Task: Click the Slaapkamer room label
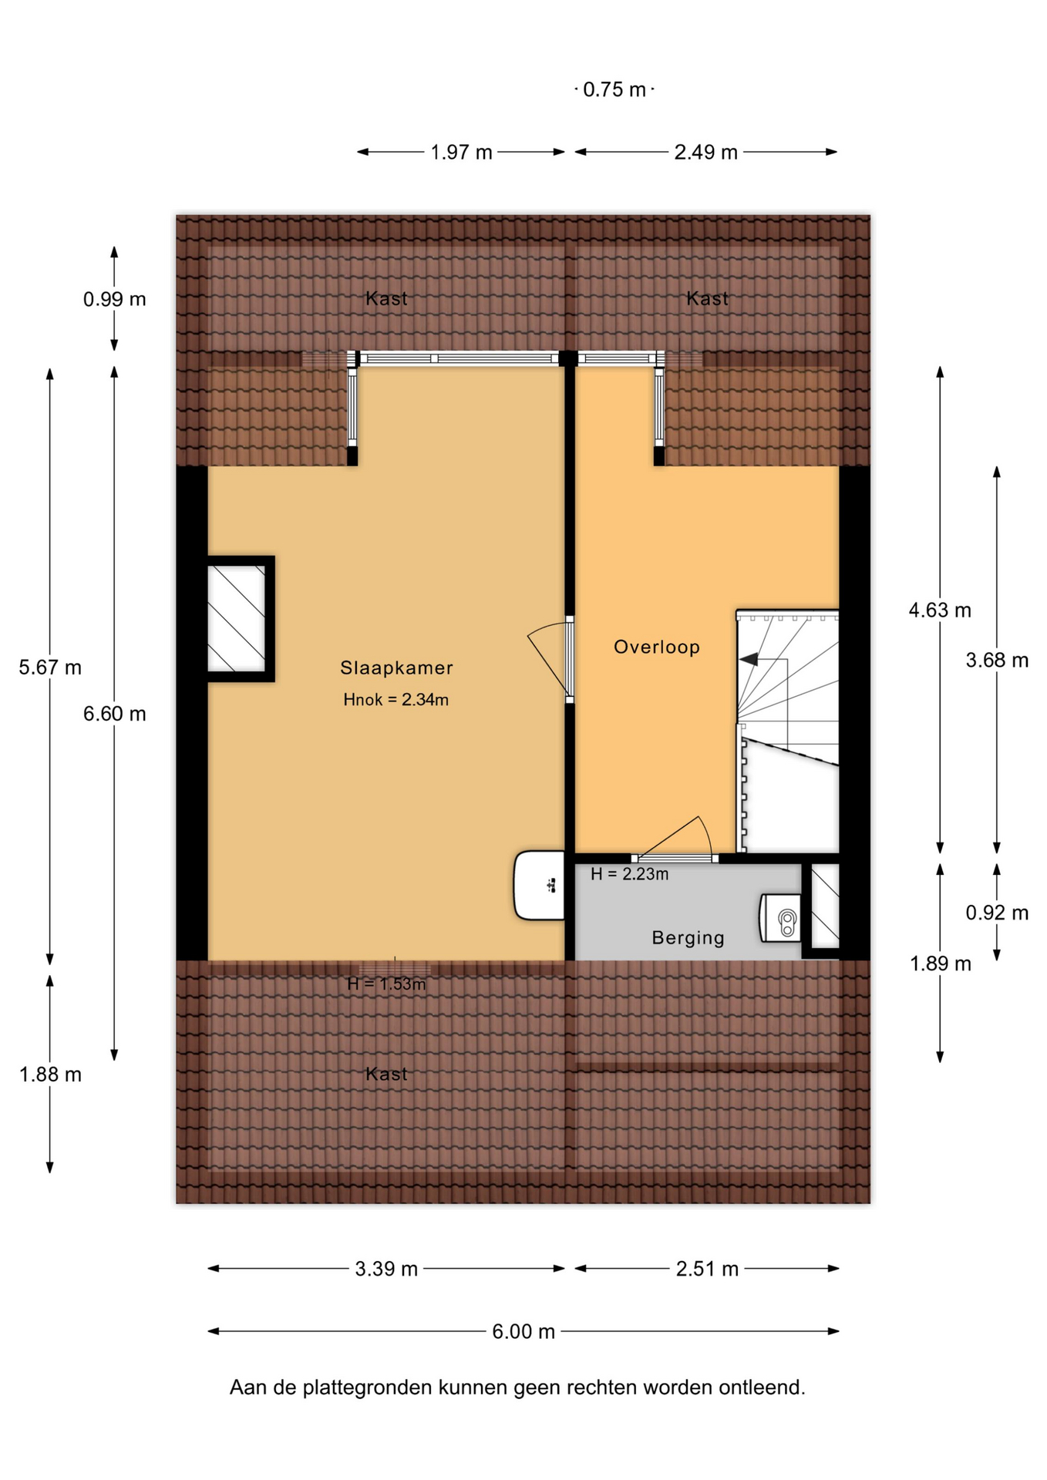point(396,668)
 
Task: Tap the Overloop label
point(657,647)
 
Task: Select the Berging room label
point(688,938)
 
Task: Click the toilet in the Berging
point(780,918)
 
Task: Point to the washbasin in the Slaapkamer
point(540,885)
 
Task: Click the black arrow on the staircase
point(748,659)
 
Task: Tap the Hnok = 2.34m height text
point(396,700)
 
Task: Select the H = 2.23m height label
point(629,874)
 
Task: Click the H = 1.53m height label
point(386,984)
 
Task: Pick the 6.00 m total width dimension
point(523,1332)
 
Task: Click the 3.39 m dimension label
point(386,1269)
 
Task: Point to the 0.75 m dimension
point(614,90)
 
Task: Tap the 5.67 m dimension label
point(50,668)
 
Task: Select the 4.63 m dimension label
point(940,610)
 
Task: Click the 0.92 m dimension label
point(997,913)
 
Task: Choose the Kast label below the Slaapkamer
point(386,1074)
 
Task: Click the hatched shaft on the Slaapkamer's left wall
point(236,619)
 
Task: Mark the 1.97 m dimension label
point(461,153)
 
